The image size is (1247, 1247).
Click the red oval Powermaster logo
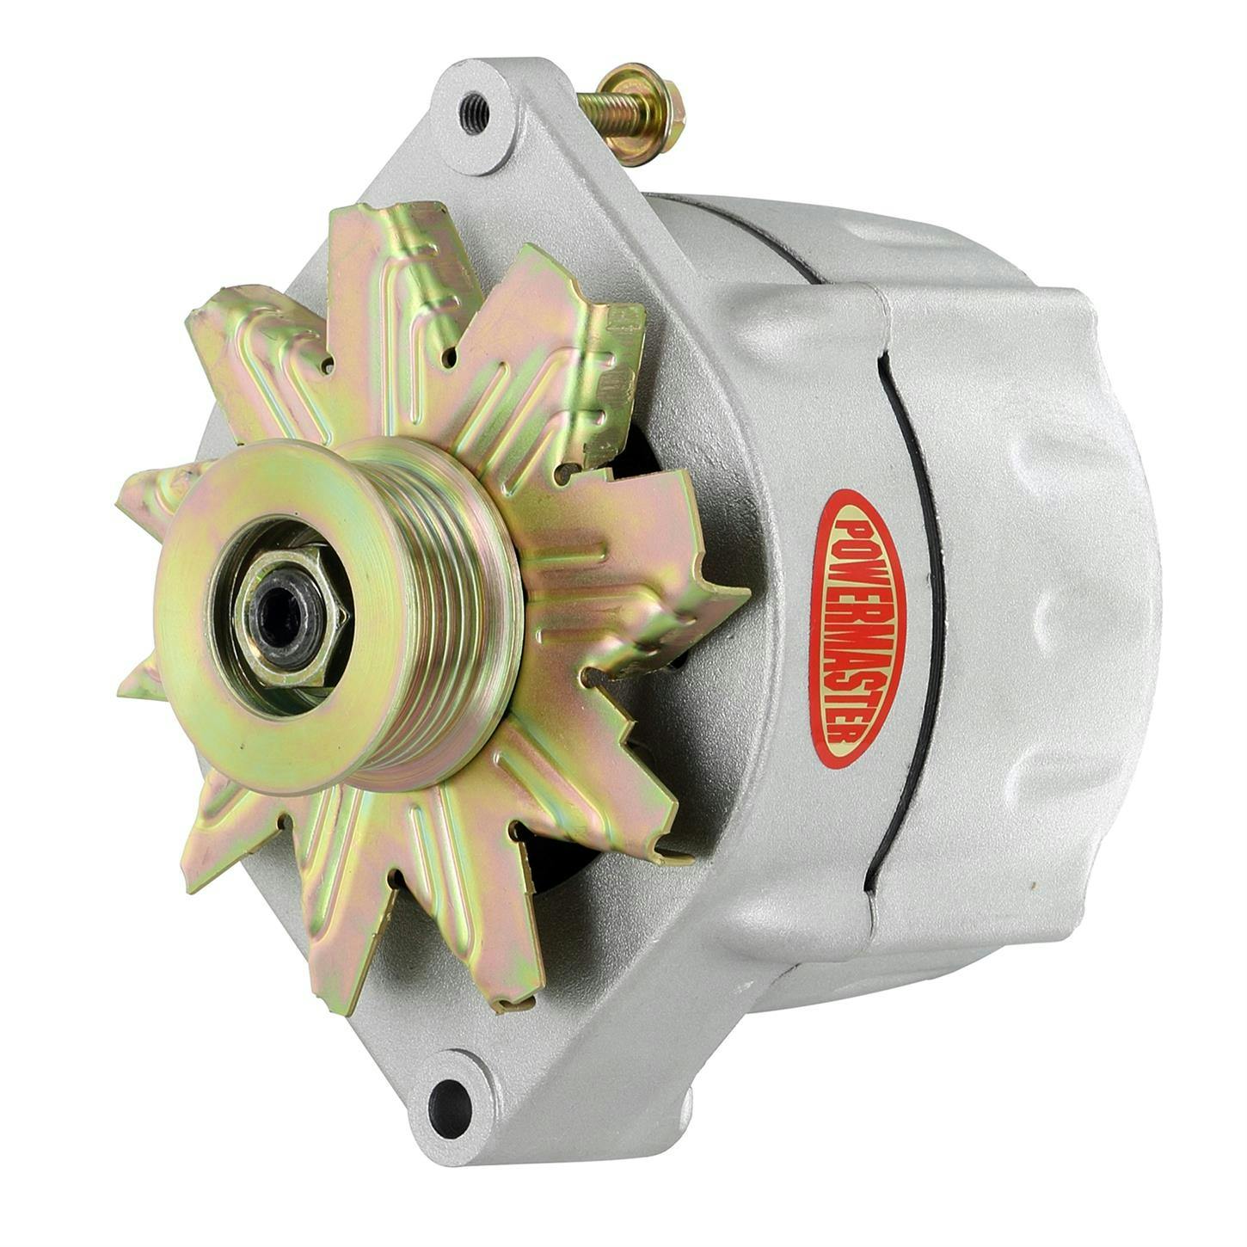(857, 629)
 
